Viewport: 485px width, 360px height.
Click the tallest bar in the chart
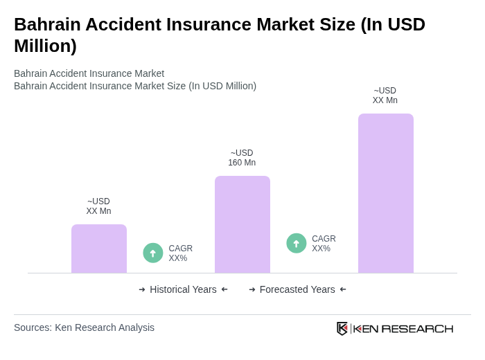385,193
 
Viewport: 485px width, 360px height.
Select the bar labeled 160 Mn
242,224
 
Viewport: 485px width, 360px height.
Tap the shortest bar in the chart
98,249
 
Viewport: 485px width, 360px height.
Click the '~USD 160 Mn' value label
242,158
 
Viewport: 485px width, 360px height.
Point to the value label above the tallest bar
385,96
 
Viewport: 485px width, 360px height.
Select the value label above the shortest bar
98,206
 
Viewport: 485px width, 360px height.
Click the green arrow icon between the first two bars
153,253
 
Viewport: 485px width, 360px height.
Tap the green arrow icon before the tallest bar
297,244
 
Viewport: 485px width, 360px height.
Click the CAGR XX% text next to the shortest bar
181,253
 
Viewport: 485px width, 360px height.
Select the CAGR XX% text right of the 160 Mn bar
324,244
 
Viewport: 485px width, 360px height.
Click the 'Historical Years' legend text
183,289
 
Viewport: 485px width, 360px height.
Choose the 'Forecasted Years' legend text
297,289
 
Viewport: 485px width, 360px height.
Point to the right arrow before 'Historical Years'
142,289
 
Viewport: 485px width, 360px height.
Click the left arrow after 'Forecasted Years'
343,289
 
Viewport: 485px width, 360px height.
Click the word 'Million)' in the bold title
45,46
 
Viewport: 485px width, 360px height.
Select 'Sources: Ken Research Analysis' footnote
84,327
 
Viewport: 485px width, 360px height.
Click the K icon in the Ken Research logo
342,328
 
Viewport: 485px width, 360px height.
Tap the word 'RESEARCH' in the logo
417,329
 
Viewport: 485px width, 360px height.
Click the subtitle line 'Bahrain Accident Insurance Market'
89,73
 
